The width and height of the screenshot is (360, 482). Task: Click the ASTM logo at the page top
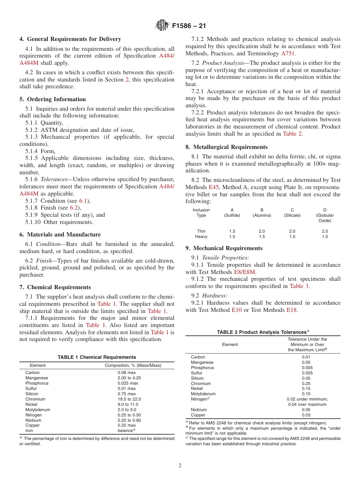(163, 26)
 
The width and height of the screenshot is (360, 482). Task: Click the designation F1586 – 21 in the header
(189, 26)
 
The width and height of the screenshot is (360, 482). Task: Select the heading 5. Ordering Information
(53, 99)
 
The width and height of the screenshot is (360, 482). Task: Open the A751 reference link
(288, 53)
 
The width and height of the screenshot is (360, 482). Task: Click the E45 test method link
(213, 188)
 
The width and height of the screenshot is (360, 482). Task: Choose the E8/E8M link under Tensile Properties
(245, 272)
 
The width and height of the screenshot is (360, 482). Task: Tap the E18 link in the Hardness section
(291, 310)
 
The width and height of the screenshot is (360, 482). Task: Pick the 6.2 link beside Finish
(74, 208)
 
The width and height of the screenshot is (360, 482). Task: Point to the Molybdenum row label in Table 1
(38, 410)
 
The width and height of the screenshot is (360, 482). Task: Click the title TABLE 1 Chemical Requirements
(97, 357)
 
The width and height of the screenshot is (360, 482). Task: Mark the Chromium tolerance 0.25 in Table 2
(306, 383)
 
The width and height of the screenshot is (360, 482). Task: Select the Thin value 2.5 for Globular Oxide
(324, 231)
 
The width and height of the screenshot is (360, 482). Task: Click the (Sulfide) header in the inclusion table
(232, 215)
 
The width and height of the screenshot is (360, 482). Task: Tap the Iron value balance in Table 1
(127, 431)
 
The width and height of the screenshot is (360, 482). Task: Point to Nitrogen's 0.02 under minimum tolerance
(307, 399)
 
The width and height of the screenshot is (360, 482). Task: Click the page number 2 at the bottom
(180, 466)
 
